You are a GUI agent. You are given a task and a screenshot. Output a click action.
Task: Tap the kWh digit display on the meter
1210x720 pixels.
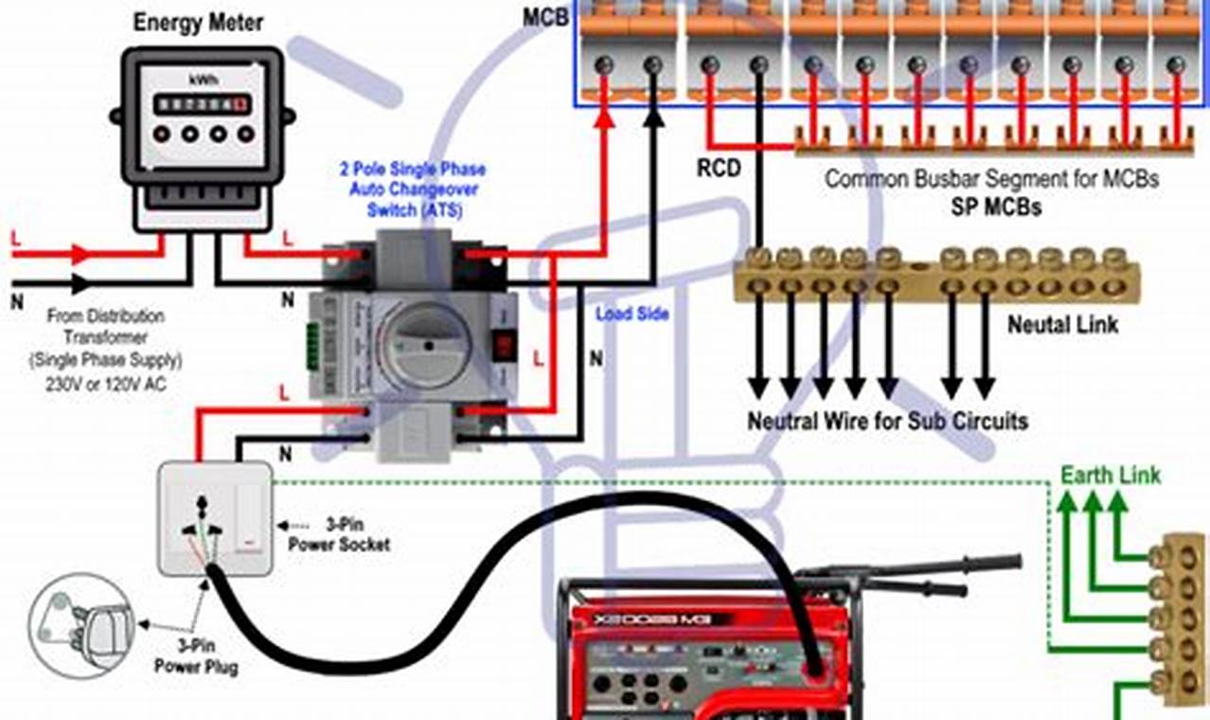[x=200, y=102]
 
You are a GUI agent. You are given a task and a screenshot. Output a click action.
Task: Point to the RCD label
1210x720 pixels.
[x=720, y=169]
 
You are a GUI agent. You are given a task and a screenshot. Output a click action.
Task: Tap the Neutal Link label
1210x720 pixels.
[x=1062, y=325]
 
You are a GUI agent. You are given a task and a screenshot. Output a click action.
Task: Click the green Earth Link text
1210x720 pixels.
[x=1110, y=475]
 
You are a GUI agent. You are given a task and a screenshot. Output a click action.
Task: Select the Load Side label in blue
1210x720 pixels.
[x=632, y=314]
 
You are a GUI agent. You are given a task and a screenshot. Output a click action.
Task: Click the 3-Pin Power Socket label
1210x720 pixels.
[x=338, y=536]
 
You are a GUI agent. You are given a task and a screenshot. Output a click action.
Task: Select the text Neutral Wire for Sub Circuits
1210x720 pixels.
[x=887, y=421]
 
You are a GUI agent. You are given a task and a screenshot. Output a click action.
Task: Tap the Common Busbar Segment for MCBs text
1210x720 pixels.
[x=990, y=179]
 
